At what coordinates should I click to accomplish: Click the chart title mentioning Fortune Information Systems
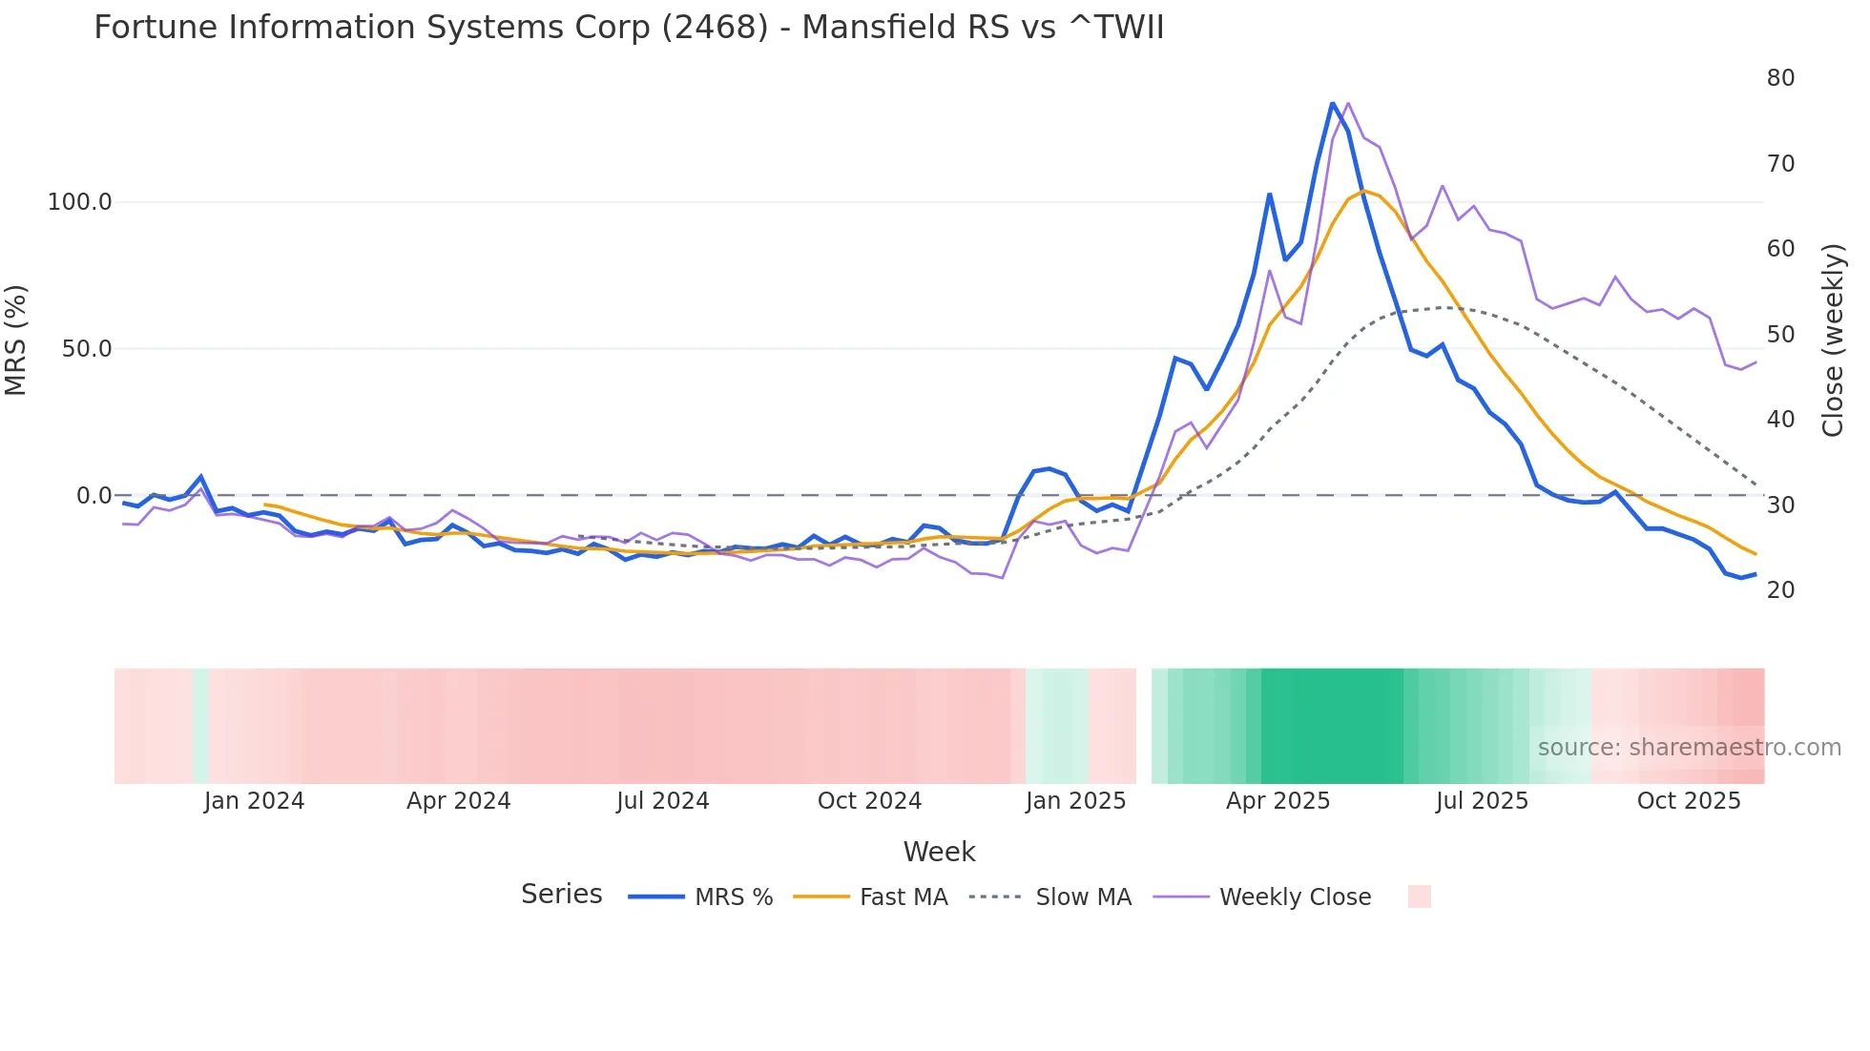point(629,28)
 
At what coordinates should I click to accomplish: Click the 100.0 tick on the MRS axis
point(80,202)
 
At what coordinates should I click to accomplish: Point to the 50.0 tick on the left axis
point(87,349)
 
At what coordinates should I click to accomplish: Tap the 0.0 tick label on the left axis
point(94,496)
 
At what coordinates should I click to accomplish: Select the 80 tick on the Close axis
point(1780,78)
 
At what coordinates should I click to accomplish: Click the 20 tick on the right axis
point(1780,590)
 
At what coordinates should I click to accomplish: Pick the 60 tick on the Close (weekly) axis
point(1780,249)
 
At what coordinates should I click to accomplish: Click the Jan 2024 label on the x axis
point(254,801)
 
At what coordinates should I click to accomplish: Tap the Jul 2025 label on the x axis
point(1482,801)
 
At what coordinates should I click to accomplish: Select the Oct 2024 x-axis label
point(869,801)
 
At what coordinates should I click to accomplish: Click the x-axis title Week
point(939,852)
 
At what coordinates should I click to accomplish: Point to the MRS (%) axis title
point(16,340)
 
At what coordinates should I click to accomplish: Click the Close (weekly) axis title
point(1832,340)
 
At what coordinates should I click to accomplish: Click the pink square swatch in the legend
point(1419,896)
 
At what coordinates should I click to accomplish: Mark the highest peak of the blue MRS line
point(1332,103)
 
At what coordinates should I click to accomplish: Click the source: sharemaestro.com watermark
point(1689,748)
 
